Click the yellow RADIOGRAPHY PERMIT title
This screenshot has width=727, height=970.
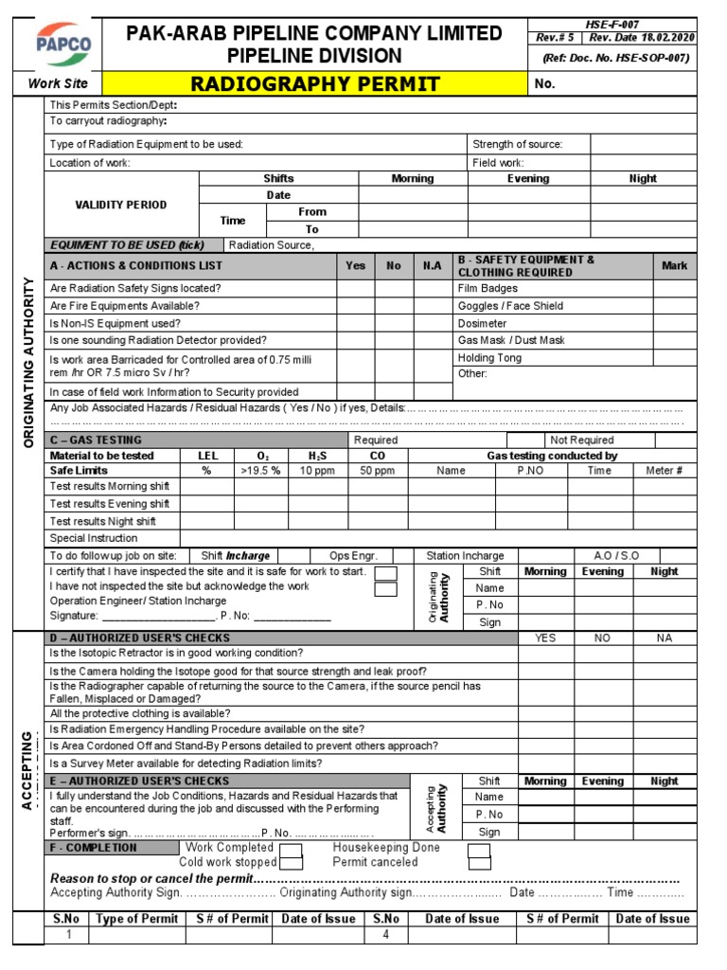[x=315, y=84]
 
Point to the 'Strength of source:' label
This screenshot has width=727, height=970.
[x=518, y=144]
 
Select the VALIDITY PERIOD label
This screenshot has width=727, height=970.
[x=121, y=205]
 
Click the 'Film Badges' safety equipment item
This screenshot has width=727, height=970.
[x=488, y=288]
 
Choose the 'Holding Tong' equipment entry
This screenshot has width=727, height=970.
[x=490, y=357]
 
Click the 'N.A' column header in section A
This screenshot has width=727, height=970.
[x=433, y=266]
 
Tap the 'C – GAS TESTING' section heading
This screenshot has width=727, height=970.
[x=96, y=440]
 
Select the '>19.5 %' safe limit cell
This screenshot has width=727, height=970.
[x=260, y=471]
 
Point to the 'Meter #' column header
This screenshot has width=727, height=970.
[x=664, y=471]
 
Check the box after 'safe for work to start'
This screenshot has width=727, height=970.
[x=385, y=574]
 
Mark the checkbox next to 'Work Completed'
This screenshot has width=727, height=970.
[x=292, y=849]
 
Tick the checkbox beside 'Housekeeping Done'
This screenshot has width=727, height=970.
[x=480, y=849]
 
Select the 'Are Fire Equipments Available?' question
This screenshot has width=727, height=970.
[x=125, y=306]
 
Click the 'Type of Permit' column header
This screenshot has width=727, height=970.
[x=137, y=918]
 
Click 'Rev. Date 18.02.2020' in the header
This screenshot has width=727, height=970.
[x=641, y=38]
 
